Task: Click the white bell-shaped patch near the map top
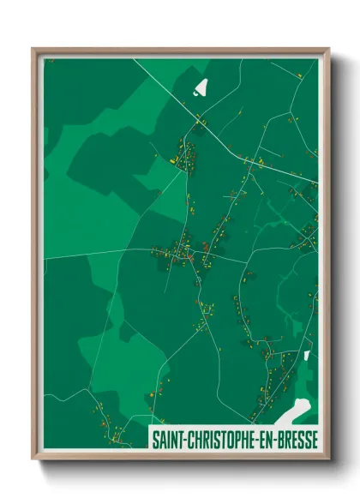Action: (201, 87)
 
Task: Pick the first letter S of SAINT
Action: (155, 440)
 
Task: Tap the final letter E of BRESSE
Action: (315, 440)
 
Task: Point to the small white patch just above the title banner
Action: (307, 354)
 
